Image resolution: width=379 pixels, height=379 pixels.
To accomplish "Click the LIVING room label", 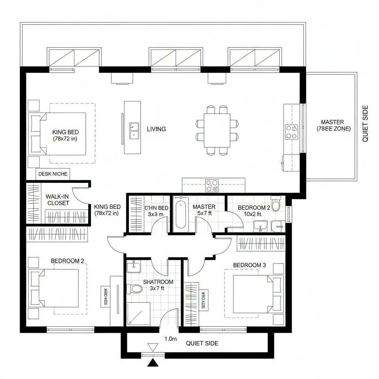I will click(156, 129).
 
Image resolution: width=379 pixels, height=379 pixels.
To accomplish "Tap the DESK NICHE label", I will click(53, 174).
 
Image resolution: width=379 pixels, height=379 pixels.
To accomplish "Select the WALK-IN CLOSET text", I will click(58, 200).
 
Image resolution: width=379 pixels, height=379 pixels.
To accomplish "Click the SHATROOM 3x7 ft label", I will click(158, 285).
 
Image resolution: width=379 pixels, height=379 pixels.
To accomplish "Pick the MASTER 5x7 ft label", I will click(204, 210).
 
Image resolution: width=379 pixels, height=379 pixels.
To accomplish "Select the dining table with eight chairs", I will click(217, 130).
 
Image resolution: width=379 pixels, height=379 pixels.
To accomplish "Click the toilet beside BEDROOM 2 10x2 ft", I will click(276, 205).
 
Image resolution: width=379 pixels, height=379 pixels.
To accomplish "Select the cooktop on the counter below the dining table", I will click(212, 185).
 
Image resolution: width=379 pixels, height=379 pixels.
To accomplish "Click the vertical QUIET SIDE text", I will click(365, 124).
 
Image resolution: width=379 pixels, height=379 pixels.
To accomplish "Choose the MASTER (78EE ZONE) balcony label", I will click(332, 125).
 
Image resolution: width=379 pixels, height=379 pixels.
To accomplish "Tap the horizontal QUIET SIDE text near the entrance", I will click(202, 343).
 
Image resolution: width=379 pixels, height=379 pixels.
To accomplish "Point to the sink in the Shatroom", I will click(132, 266).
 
